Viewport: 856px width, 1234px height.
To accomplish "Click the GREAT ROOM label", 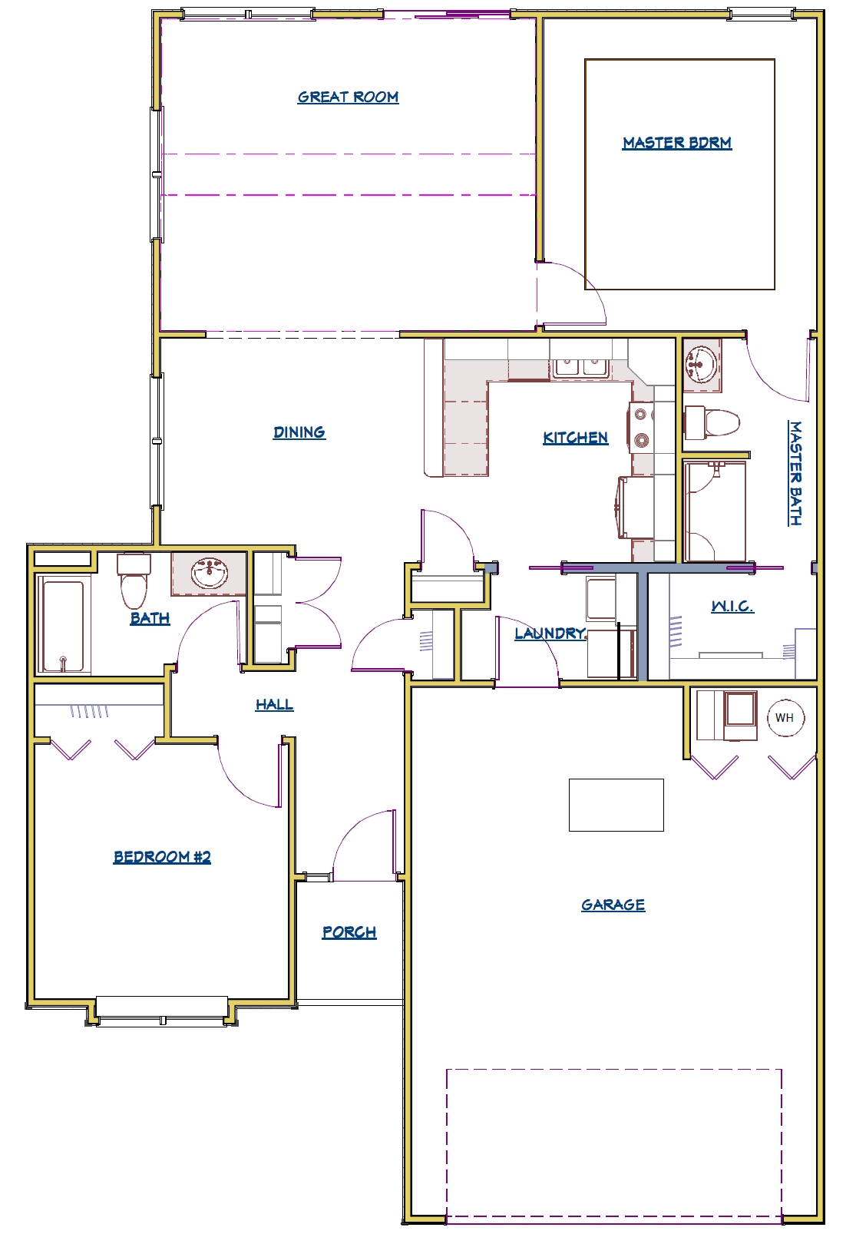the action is pos(348,97).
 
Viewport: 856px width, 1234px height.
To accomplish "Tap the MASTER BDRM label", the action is pos(677,143).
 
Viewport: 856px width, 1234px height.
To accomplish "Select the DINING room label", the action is pos(299,432).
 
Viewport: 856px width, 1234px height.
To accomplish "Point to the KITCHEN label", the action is pos(576,438).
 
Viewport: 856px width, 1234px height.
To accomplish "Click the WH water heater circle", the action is pos(785,718).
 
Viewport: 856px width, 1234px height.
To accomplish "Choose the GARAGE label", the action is pos(613,905).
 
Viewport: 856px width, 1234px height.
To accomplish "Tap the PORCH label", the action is pos(349,932).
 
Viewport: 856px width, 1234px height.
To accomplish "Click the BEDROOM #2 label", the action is pos(162,857).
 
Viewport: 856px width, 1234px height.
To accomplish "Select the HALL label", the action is pos(274,705).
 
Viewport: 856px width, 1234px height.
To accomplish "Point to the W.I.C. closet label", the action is pos(732,607).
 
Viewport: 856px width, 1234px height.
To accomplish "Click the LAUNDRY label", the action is pos(550,634).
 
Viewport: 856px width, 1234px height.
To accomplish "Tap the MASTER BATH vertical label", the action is pos(795,474).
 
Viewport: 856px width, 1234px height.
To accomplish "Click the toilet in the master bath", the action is pos(712,422).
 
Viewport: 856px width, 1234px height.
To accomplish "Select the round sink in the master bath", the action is pos(701,363).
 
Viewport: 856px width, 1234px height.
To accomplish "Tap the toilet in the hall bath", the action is pos(134,581).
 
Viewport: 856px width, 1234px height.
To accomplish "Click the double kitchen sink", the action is pos(580,368).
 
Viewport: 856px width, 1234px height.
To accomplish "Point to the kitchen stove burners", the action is pos(640,426).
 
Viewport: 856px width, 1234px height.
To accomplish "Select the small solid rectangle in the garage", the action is pos(616,805).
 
